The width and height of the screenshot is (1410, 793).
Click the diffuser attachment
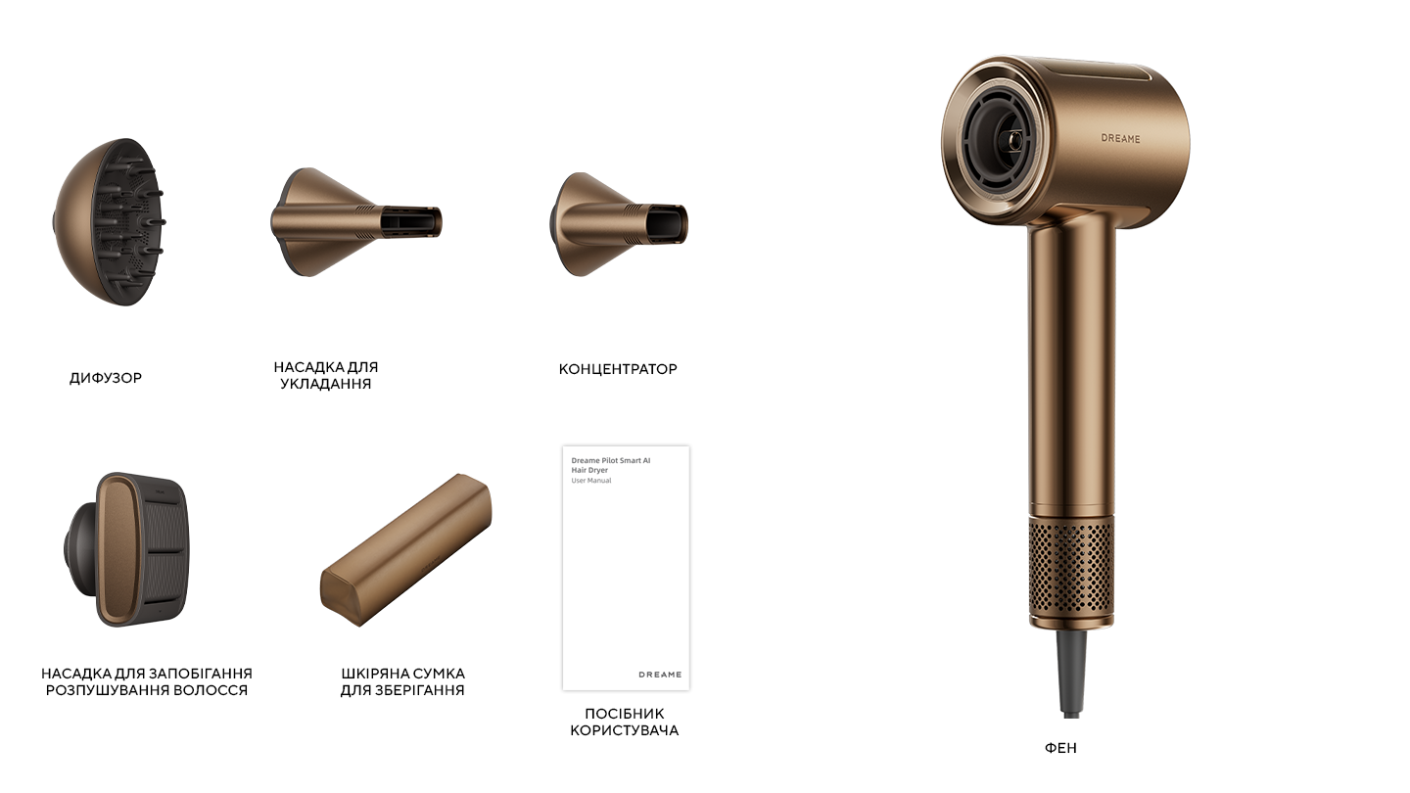click(109, 222)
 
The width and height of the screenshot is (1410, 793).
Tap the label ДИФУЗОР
click(106, 378)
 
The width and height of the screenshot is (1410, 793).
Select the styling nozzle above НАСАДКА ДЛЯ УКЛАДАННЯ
click(356, 222)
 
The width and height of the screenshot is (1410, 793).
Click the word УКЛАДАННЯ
click(325, 384)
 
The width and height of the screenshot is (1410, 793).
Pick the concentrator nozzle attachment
click(618, 225)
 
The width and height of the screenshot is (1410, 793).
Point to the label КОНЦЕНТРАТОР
click(618, 369)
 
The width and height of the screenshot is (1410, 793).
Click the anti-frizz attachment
click(126, 549)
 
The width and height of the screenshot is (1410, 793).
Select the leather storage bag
click(406, 550)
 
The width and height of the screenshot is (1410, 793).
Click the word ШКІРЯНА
click(373, 674)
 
